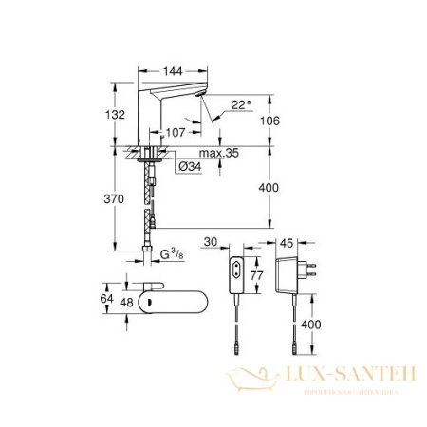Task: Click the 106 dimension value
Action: (269, 120)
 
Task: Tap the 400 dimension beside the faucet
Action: (269, 189)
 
